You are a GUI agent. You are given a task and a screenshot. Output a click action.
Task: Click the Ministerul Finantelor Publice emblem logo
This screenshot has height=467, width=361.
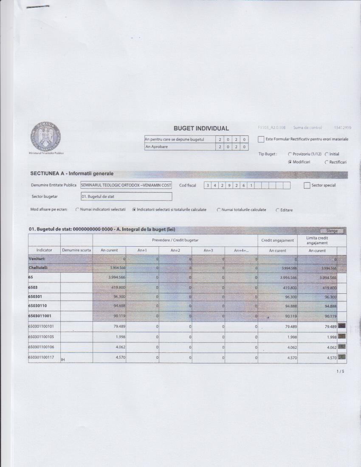coord(45,136)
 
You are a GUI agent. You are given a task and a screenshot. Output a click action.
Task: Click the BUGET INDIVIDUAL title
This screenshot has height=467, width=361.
coord(201,128)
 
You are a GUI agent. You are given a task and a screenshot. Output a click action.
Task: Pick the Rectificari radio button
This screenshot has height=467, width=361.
coord(327,162)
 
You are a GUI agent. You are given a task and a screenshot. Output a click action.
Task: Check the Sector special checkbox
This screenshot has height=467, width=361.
coord(307,186)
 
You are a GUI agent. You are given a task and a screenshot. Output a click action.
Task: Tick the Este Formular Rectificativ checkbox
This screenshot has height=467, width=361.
coord(261,139)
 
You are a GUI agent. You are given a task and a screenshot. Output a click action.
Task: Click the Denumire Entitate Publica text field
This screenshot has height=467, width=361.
coord(126,185)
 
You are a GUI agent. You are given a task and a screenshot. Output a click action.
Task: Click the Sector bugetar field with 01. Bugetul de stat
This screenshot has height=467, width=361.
coord(126,197)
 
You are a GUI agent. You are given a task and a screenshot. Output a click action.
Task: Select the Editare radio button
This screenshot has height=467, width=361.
coord(278,210)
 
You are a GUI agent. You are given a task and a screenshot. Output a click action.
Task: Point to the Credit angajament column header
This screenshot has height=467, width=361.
coord(277,240)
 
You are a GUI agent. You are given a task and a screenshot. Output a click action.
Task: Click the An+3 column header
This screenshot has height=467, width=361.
coord(208,250)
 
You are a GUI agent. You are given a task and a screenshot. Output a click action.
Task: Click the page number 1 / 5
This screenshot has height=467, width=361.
coord(340,371)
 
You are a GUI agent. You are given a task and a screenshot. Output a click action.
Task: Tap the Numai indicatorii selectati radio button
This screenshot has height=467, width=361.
coord(77,210)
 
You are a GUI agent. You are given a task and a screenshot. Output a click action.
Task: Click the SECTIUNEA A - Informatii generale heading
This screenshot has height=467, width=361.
coord(72,174)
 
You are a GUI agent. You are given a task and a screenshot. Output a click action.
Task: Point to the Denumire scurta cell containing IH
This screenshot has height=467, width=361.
coord(76,359)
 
